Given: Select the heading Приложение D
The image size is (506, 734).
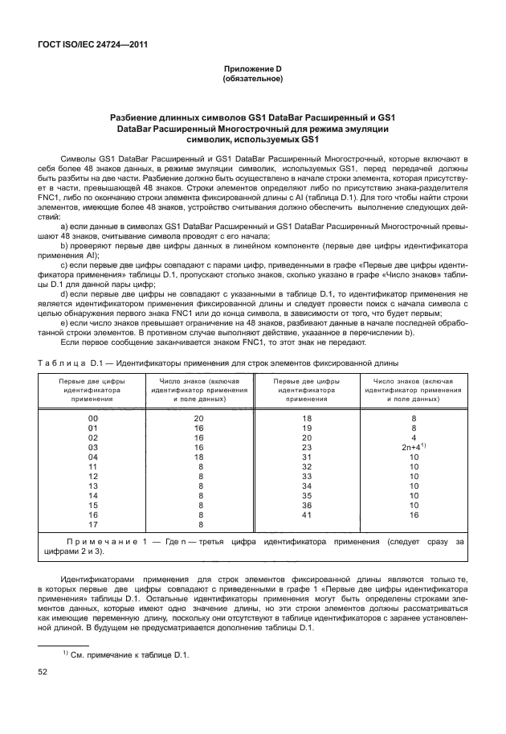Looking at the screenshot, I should point(252,70).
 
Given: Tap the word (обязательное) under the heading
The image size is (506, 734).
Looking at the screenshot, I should point(252,79).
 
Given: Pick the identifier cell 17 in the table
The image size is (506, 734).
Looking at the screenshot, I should point(92,525).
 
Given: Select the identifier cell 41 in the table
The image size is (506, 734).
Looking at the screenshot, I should point(307,514).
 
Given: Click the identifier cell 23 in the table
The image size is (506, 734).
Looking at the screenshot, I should point(307,446).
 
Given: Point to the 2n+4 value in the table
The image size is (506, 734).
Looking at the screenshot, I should point(412,446).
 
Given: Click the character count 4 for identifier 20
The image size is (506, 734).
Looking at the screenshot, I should point(414,437).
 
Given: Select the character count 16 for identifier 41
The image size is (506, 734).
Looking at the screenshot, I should point(414,514).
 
